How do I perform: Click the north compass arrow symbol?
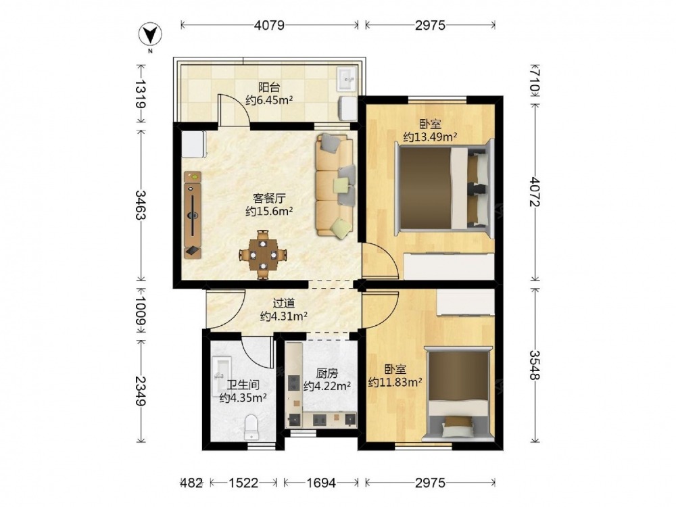pos(150,34)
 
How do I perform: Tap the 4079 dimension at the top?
pos(270,26)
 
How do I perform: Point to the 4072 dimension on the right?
pos(535,191)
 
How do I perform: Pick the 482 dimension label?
pos(191,483)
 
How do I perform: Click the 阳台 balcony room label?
pos(269,87)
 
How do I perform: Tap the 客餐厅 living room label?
pos(270,198)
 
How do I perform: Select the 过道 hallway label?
pos(284,304)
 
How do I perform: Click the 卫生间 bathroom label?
pos(243,385)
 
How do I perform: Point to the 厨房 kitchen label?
pos(327,373)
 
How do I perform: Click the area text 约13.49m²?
pos(430,137)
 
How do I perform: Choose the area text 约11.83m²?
pos(395,382)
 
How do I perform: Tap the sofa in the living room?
pos(336,185)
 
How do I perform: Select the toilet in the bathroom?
pos(251,427)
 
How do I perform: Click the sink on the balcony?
pos(347,80)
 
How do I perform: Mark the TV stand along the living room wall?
pos(193,215)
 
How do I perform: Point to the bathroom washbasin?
pos(222,376)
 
